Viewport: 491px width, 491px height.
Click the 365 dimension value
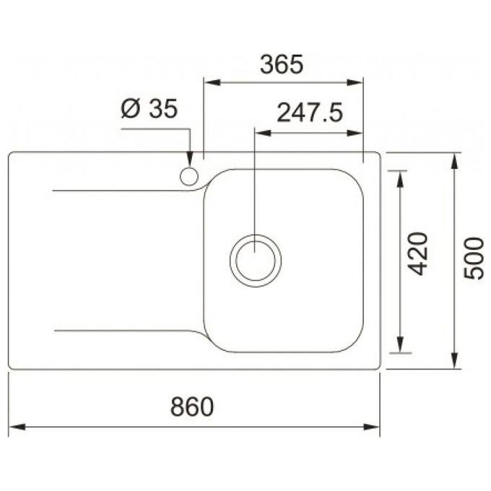[282, 64]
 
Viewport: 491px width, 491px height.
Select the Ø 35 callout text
[149, 108]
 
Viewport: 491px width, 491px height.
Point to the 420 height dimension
[418, 253]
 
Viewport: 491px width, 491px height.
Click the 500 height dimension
[474, 258]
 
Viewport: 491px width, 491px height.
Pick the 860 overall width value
[192, 407]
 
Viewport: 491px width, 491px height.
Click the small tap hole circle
[189, 177]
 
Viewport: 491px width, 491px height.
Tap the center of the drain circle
[256, 261]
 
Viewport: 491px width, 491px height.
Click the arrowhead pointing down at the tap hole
[190, 159]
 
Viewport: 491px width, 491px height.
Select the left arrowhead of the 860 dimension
[17, 427]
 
